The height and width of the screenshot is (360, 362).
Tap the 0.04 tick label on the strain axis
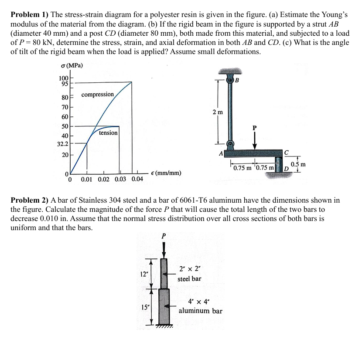point(137,179)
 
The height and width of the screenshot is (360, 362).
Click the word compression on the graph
point(98,95)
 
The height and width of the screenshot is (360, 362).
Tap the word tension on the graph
point(108,132)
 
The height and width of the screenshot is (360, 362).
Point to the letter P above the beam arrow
point(254,128)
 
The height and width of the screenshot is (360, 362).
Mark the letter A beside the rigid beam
point(221,153)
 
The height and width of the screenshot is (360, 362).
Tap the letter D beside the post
point(287,169)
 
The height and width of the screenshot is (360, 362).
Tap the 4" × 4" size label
point(199,302)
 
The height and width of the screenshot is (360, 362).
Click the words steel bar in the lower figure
point(189,278)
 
